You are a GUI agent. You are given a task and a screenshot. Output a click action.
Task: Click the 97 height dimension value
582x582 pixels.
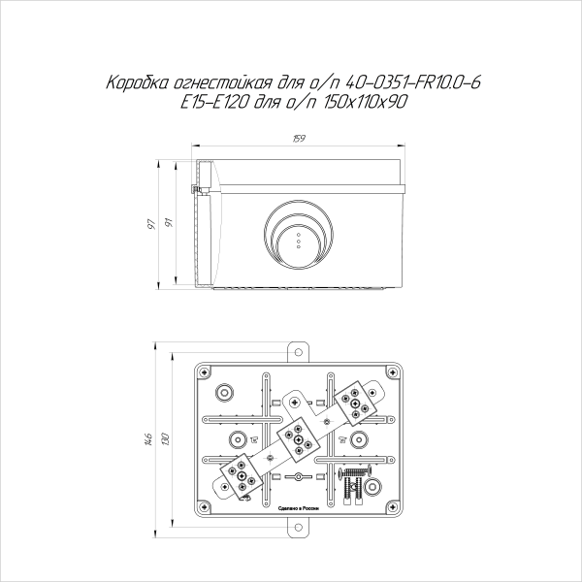click(x=152, y=225)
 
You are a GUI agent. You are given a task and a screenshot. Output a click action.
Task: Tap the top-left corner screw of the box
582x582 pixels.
click(x=205, y=372)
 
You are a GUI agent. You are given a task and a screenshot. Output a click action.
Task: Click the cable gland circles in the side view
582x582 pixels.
click(x=299, y=236)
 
